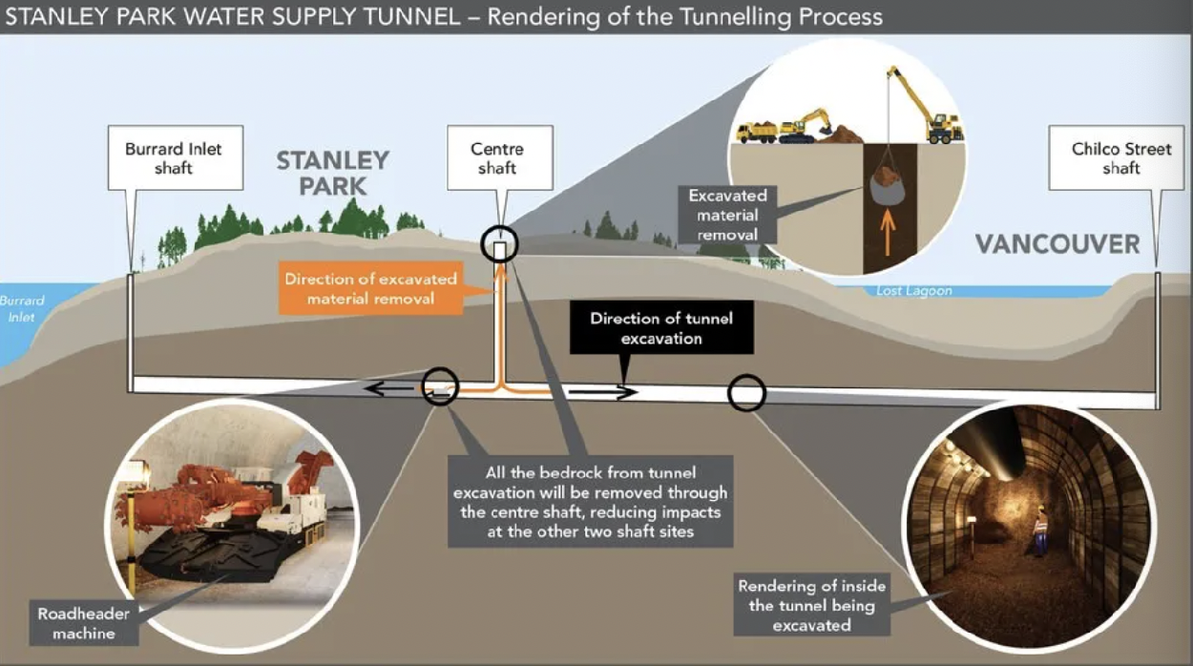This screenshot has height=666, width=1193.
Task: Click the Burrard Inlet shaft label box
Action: coord(173,159)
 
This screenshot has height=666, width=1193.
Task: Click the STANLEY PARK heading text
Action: coord(333,173)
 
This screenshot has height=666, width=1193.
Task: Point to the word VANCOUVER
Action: coord(1057,244)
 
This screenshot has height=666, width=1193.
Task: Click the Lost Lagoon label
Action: coord(913,291)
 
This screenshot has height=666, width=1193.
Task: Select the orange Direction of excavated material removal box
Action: coord(370,289)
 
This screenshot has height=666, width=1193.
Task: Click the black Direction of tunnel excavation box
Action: coord(660,328)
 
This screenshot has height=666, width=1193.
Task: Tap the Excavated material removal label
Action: coord(727,215)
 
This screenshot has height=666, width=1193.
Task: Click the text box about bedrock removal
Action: coord(590,501)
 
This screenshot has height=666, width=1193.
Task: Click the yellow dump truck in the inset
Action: coord(757,131)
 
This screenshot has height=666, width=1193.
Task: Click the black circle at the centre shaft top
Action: coord(499,245)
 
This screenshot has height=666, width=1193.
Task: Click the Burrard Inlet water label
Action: coord(22,307)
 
